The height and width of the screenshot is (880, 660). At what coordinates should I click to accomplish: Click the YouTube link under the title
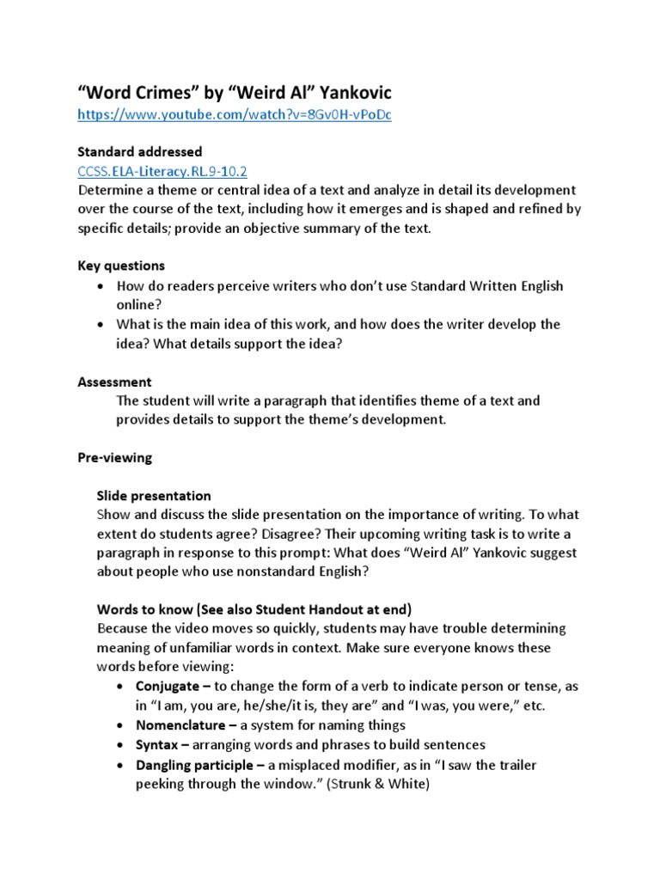234,114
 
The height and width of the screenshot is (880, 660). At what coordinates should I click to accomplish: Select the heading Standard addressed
139,152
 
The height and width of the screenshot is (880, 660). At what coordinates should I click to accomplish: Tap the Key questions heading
120,266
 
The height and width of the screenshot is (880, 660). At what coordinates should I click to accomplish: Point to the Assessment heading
114,381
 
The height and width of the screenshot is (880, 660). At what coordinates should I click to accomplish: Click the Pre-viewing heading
114,458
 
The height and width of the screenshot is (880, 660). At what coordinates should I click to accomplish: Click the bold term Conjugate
169,686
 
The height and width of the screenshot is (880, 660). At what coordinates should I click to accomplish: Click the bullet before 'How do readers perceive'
102,285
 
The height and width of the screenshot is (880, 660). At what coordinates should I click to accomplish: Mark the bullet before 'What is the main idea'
102,325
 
